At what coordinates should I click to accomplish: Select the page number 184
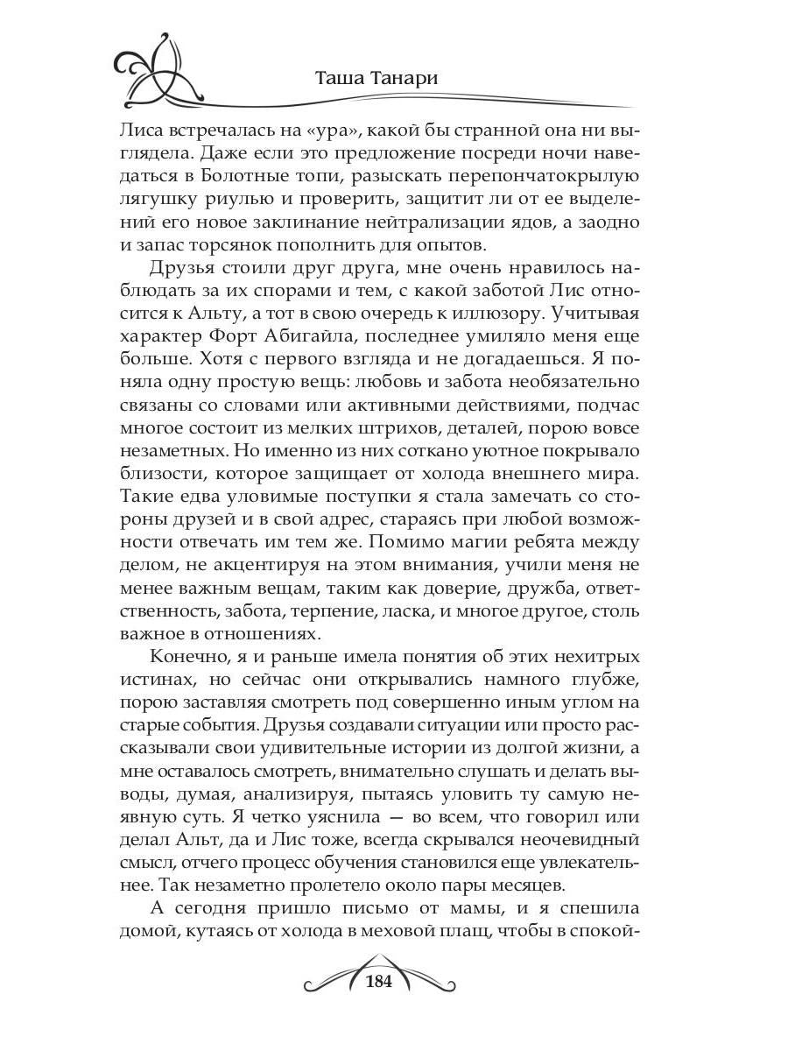(377, 981)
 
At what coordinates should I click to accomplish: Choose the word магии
(464, 541)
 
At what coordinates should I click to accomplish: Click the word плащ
(460, 930)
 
